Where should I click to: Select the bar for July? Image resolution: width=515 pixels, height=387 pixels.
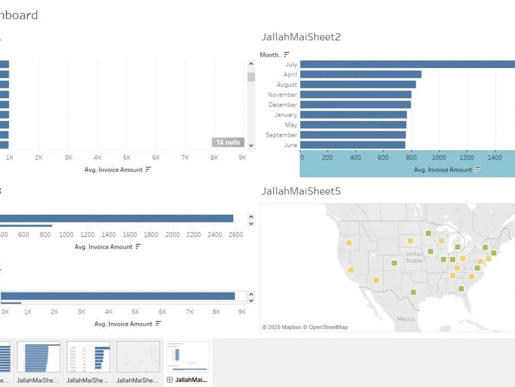[x=407, y=64]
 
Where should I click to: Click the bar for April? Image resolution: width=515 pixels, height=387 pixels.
[x=360, y=74]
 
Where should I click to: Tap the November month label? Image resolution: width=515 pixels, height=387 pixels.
[x=282, y=95]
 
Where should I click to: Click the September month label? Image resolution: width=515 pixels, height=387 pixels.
[x=281, y=135]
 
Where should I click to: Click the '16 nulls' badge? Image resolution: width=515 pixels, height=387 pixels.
[x=228, y=142]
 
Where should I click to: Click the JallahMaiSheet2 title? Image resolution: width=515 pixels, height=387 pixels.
[x=301, y=37]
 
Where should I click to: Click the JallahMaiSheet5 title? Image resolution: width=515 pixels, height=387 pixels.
[x=301, y=191]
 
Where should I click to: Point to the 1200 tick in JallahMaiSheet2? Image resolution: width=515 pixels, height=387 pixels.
[x=467, y=158]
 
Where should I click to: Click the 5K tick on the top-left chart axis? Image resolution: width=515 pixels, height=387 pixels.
[x=127, y=158]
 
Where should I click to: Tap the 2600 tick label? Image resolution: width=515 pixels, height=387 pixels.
[x=235, y=235]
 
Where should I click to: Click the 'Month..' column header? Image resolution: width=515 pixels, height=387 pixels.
[x=270, y=55]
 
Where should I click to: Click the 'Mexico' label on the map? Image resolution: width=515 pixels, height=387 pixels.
[x=406, y=319]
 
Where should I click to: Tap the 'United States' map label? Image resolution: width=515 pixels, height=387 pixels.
[x=414, y=257]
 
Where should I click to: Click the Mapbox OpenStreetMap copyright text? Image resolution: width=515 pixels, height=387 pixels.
[x=305, y=327]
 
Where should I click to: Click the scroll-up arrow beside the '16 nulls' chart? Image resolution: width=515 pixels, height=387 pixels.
[x=251, y=64]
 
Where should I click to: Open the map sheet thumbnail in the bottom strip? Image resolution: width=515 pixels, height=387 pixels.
[x=138, y=357]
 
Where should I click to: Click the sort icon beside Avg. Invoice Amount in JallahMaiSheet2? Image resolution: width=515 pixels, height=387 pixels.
[x=477, y=170]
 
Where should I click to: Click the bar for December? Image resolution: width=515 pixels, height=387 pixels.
[x=355, y=105]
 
